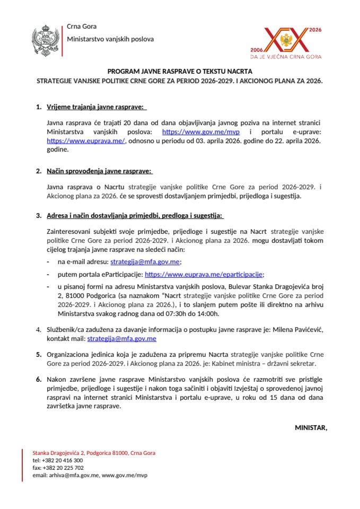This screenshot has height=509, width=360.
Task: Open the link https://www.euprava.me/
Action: click(x=86, y=141)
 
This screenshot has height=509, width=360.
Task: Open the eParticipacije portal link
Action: click(x=204, y=274)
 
